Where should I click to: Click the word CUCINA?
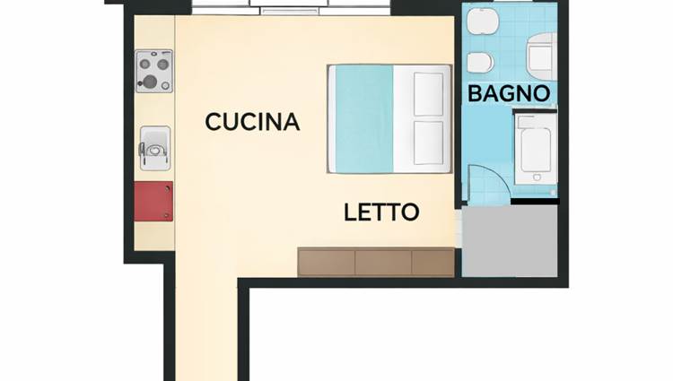(252, 122)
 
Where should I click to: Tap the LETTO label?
(381, 212)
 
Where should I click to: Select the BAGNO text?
(509, 93)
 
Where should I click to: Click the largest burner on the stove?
(150, 80)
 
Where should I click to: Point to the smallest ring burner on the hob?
(166, 86)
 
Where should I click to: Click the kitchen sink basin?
(155, 148)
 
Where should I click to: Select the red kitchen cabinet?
(153, 202)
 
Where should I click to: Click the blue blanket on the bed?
(364, 119)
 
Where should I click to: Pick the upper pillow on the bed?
(428, 94)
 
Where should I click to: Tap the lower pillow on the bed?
(428, 143)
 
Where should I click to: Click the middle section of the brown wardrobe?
(383, 262)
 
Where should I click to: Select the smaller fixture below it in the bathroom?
(480, 63)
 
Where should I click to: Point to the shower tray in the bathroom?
(535, 152)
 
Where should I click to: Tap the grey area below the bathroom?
(510, 241)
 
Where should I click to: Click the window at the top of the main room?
(291, 7)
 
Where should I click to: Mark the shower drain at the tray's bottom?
(537, 177)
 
